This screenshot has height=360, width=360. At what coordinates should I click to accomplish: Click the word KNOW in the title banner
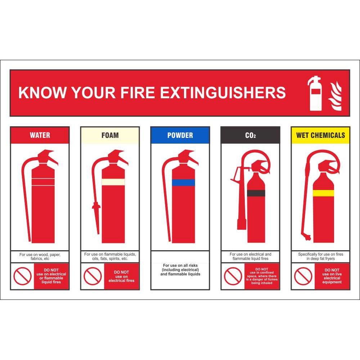click(x=42, y=93)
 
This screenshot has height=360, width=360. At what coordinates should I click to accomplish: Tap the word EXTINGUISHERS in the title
click(x=223, y=93)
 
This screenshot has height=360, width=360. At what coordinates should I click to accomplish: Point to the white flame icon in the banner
click(x=335, y=96)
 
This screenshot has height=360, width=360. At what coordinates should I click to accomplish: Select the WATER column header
click(x=40, y=135)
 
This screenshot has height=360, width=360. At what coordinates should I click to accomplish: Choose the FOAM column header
click(x=110, y=135)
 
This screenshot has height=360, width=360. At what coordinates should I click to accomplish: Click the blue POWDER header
click(x=180, y=135)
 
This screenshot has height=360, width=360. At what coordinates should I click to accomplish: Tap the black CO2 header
click(x=250, y=135)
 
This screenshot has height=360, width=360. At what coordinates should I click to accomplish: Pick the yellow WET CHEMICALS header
click(x=320, y=135)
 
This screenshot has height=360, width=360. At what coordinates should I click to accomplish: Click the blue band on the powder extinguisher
click(x=184, y=183)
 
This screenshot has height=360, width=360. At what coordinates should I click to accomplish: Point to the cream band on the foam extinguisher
click(x=113, y=182)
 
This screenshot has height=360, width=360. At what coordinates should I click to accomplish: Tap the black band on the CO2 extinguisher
click(x=256, y=193)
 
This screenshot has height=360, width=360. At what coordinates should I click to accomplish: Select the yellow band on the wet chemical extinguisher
click(x=323, y=193)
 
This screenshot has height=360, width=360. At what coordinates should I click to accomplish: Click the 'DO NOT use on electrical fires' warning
click(x=121, y=276)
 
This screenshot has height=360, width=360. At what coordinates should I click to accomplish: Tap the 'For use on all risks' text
click(x=180, y=265)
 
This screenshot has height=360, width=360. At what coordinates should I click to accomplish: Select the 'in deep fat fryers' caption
click(x=320, y=258)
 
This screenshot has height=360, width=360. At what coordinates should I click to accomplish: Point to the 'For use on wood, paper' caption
click(x=40, y=255)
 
